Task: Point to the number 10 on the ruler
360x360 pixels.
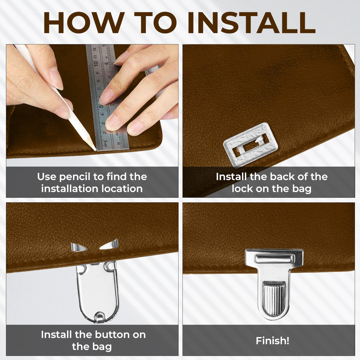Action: (95, 63)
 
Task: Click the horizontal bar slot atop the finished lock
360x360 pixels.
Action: (274, 259)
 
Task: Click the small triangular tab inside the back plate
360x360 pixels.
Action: (259, 139)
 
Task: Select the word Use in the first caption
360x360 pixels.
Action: (46, 177)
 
